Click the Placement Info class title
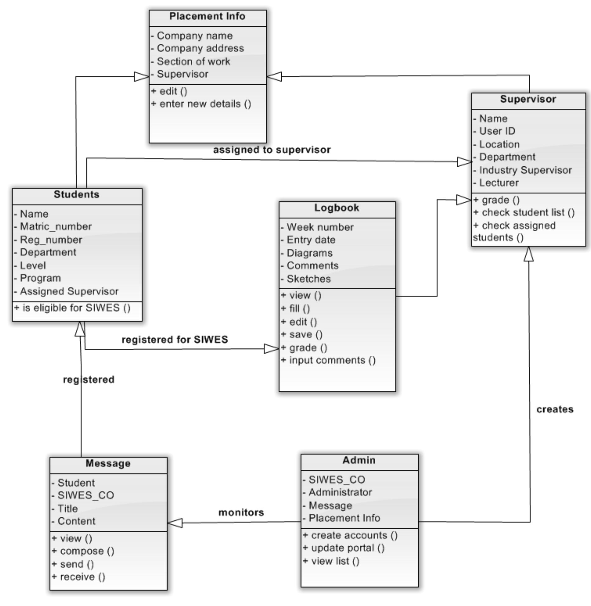(207, 16)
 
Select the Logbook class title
(336, 208)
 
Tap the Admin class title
(359, 460)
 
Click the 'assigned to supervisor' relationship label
(272, 150)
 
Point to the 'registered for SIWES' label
(175, 340)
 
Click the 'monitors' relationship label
(241, 512)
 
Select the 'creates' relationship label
(555, 409)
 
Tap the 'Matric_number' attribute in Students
(56, 227)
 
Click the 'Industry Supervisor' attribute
(525, 170)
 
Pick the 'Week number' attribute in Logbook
(320, 227)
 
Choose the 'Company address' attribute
(200, 49)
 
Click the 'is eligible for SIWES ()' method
(72, 308)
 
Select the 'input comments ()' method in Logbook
(332, 360)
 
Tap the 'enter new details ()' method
(205, 104)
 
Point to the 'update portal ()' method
(348, 548)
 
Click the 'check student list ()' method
(528, 213)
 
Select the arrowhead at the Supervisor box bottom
(528, 254)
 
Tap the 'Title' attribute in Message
(68, 509)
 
